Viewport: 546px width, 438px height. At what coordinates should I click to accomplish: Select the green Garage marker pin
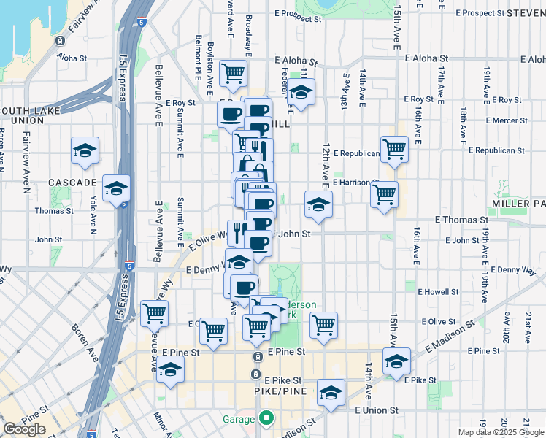coord(266,419)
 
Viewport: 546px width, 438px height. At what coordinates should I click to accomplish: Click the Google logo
coord(24,429)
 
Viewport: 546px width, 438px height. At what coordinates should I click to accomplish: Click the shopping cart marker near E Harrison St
coord(384,194)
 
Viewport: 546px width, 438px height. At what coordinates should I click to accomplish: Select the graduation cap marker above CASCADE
coord(85,150)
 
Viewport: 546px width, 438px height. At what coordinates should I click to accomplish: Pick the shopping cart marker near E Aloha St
coord(233,72)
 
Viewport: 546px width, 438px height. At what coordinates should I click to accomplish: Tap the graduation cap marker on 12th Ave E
coord(318,205)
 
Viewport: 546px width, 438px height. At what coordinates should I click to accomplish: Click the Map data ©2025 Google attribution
coord(500,432)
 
